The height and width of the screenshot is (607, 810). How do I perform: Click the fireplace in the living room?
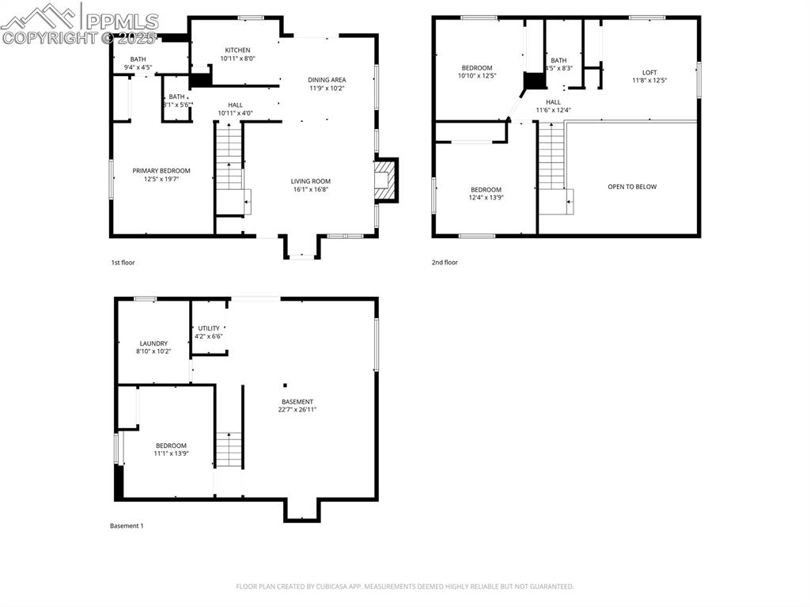click(x=384, y=180)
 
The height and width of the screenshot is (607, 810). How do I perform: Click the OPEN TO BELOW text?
click(x=631, y=187)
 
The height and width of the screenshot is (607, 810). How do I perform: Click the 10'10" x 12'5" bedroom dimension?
click(x=477, y=76)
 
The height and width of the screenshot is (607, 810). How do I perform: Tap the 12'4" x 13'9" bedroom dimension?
click(x=486, y=197)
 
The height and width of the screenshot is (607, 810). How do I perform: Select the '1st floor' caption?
click(x=123, y=262)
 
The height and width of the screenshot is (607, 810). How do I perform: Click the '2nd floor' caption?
click(x=445, y=262)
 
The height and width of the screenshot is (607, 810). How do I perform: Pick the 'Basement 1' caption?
click(x=126, y=525)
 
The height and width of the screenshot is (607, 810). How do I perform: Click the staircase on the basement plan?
click(x=228, y=450)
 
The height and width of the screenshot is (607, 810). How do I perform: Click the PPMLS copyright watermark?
click(x=79, y=24)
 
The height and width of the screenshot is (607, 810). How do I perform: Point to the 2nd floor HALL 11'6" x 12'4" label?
click(x=554, y=106)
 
